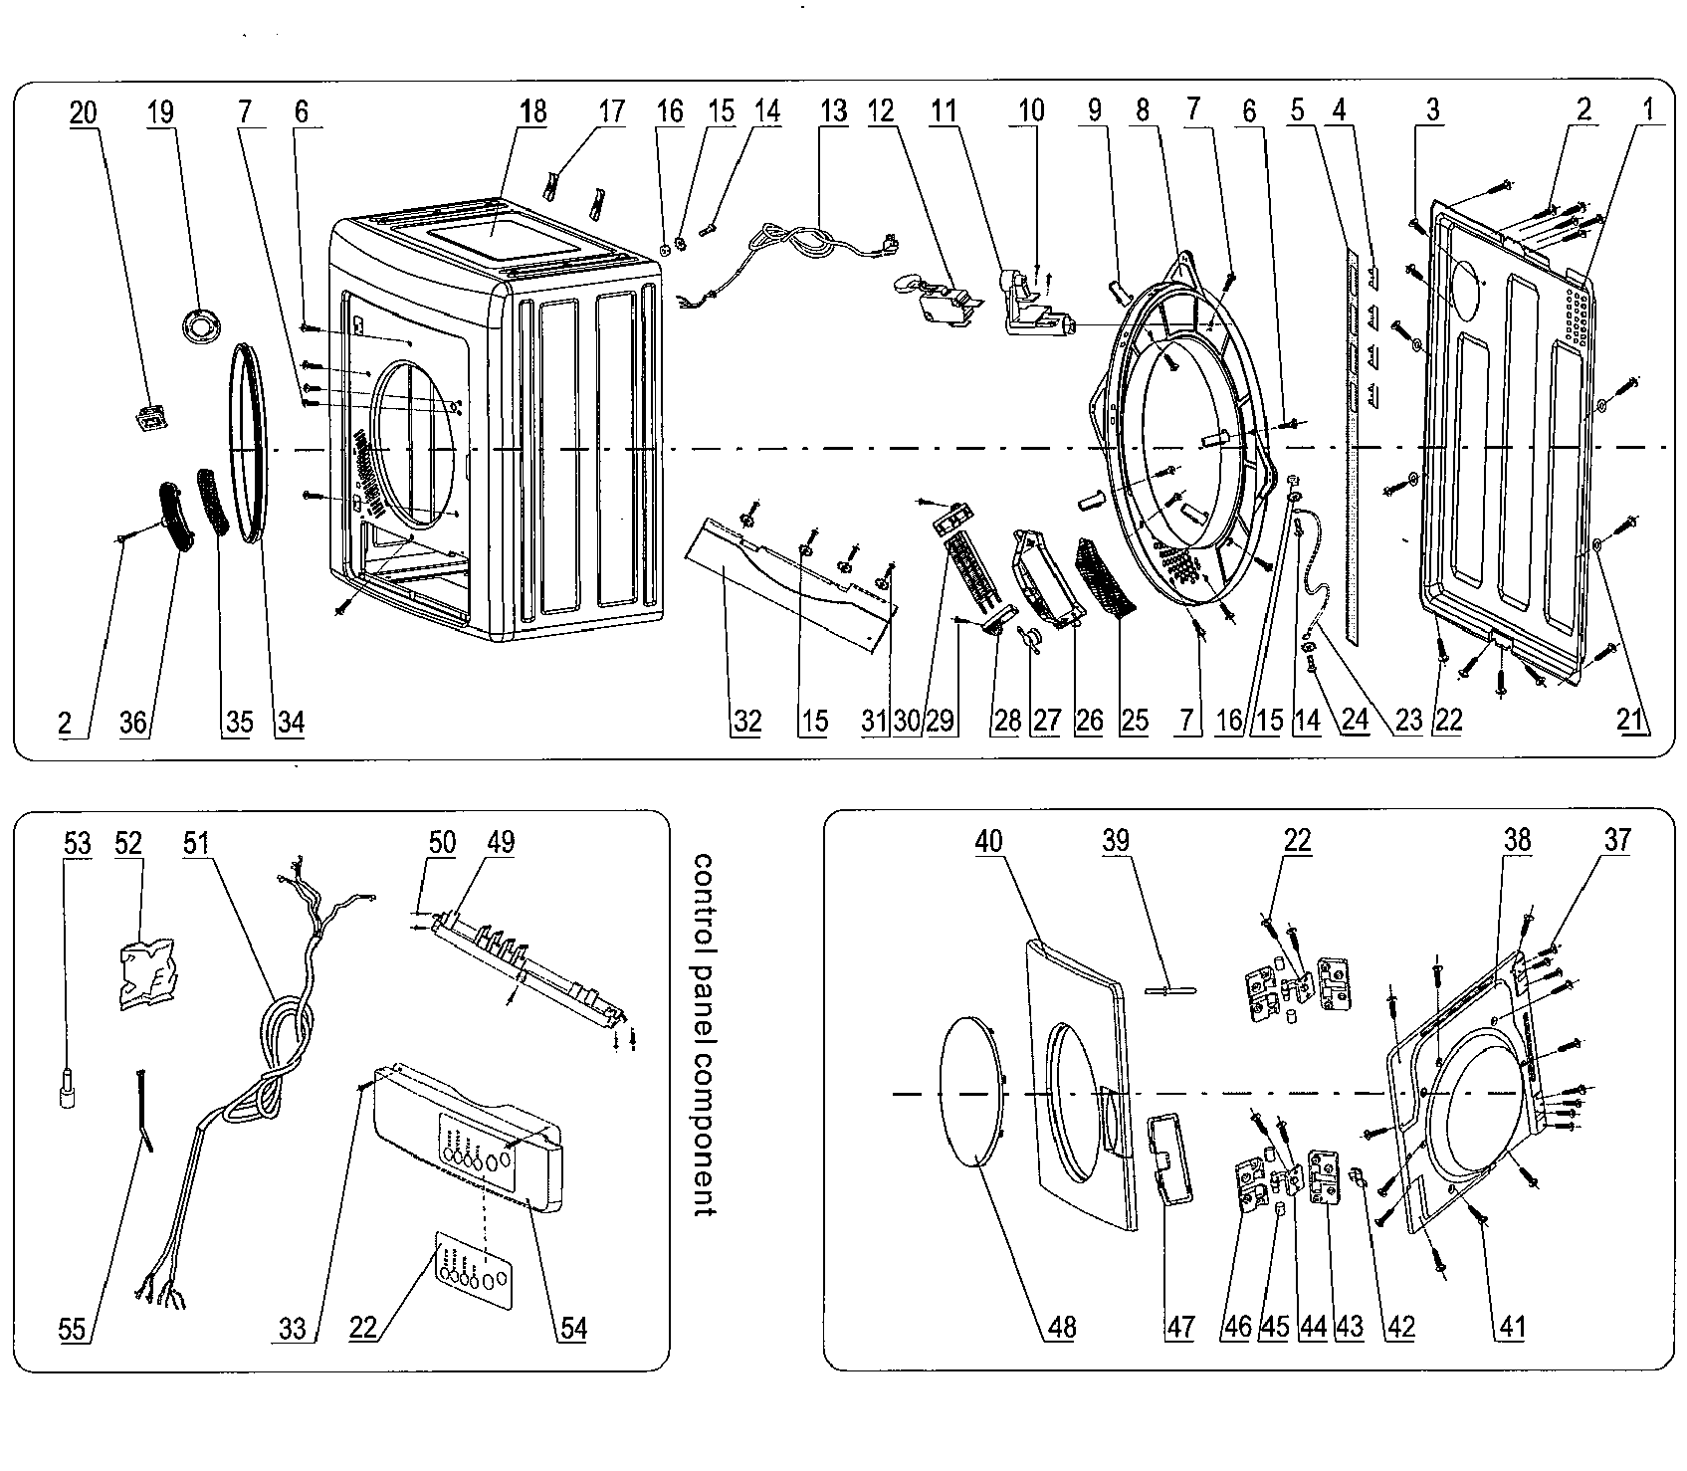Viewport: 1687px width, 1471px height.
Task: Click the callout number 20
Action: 84,112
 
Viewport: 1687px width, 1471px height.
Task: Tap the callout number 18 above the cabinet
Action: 533,112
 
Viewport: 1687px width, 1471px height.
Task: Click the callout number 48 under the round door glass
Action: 1062,1327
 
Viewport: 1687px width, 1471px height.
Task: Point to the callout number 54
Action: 572,1327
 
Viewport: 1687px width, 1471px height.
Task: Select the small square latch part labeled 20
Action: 148,422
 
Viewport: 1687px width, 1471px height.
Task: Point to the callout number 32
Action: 746,721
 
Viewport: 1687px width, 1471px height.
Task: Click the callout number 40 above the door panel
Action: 988,842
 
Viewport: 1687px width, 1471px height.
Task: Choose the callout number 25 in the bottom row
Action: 1135,721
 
